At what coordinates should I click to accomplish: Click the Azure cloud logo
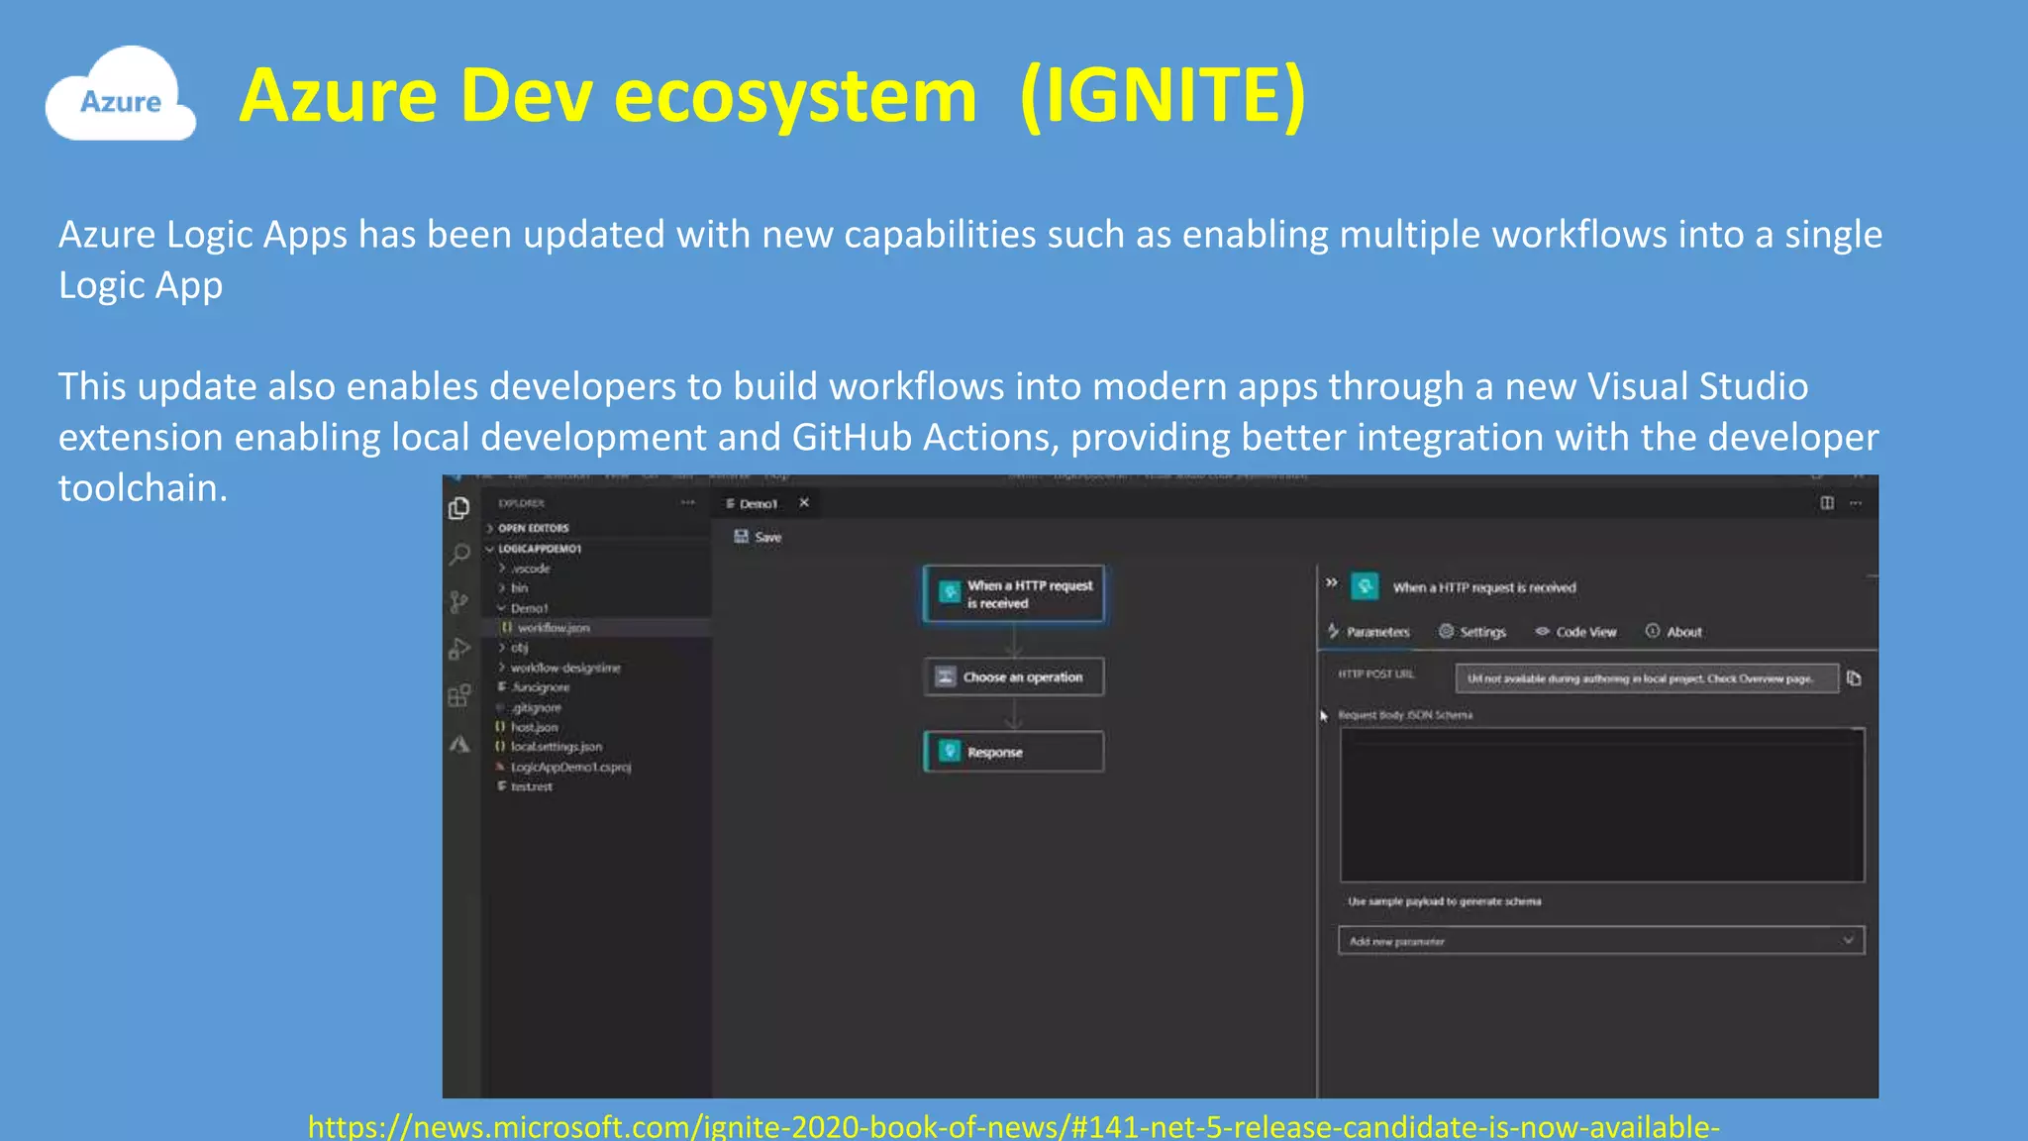coord(120,95)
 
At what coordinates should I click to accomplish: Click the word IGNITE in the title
coord(1163,96)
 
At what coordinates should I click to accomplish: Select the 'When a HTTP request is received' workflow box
coord(1013,594)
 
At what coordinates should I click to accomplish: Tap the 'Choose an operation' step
coord(1013,677)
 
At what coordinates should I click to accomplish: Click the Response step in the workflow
coord(1013,752)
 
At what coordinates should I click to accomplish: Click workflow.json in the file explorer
coord(553,628)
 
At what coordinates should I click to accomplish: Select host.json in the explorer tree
coord(534,727)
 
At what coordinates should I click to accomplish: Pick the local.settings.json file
coord(556,747)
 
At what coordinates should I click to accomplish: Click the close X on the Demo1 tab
coord(804,503)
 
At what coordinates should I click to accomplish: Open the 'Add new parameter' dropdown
coord(1600,941)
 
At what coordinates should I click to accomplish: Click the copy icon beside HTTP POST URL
coord(1854,678)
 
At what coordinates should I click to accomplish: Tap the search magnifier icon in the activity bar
coord(459,555)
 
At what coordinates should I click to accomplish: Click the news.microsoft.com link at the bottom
coord(1013,1126)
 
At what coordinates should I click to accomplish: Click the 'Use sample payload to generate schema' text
coord(1444,901)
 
